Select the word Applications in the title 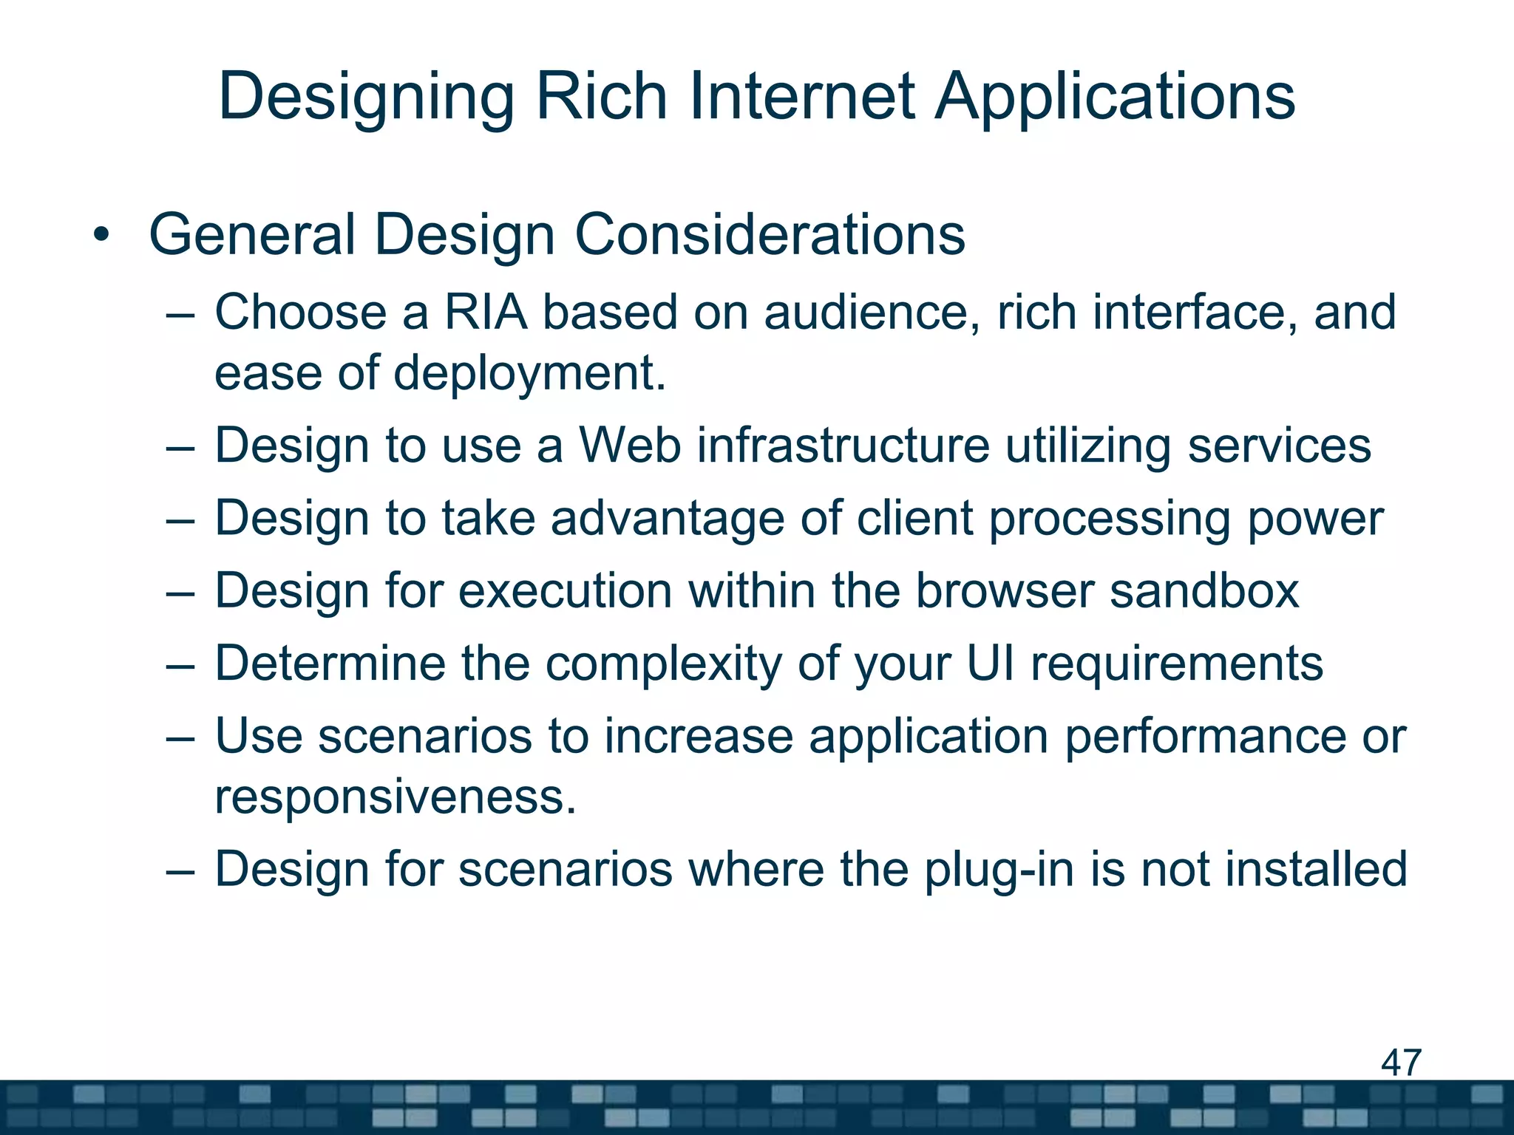[x=1115, y=98]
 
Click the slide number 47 [x=1401, y=1063]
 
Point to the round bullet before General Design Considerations [x=101, y=236]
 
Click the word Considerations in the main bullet [x=770, y=235]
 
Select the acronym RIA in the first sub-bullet [x=486, y=312]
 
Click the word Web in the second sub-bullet [x=629, y=446]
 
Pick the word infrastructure [x=843, y=446]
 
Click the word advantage [x=667, y=518]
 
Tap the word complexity [x=663, y=664]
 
